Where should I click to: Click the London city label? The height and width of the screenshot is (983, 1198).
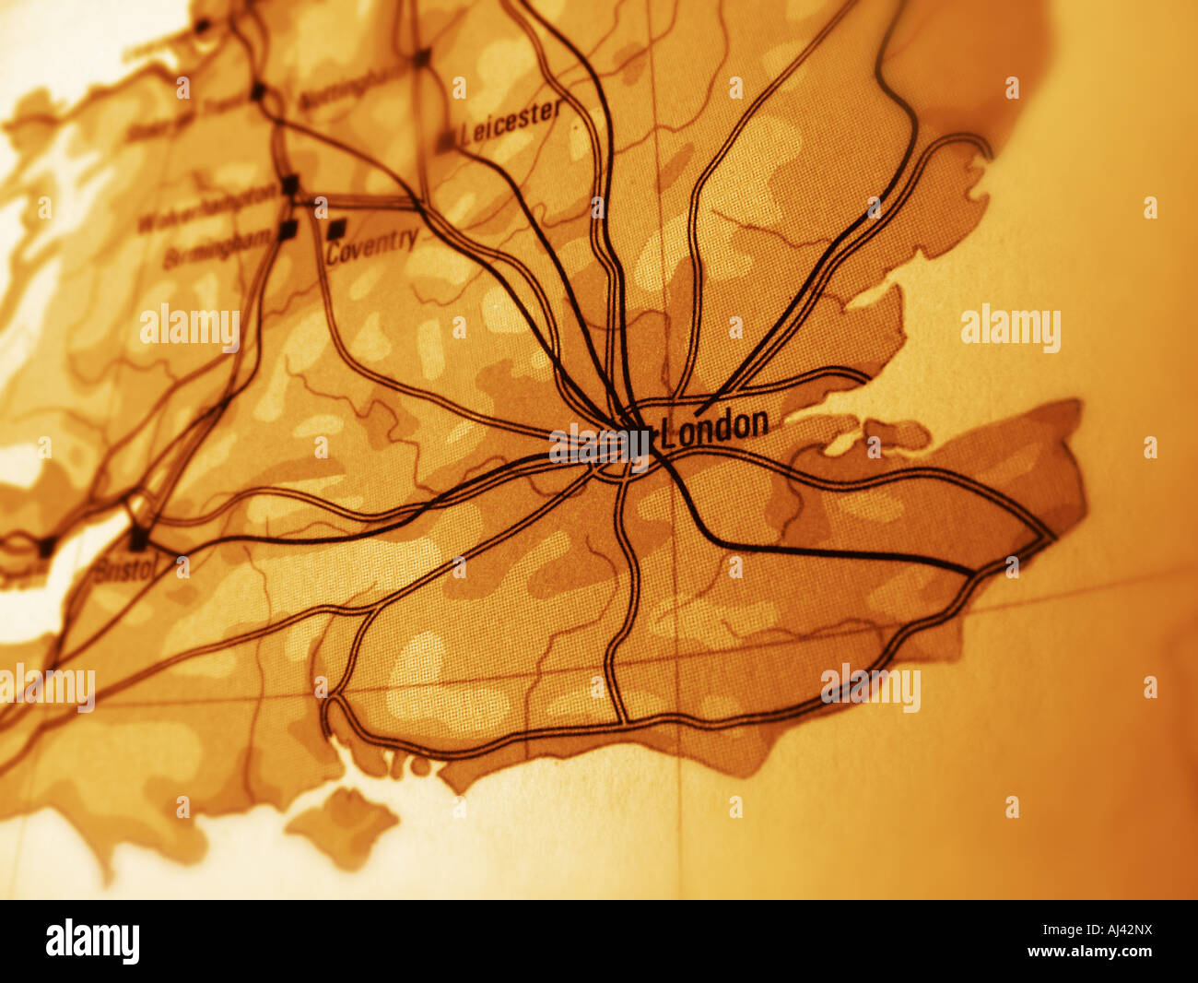(715, 426)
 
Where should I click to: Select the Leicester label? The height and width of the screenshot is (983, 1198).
(511, 122)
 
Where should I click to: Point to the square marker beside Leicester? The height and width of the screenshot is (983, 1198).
(446, 141)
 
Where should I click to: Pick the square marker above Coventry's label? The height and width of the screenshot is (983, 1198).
(337, 227)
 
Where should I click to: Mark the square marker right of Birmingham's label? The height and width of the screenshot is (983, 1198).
(288, 229)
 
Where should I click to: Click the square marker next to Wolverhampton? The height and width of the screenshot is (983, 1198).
(290, 185)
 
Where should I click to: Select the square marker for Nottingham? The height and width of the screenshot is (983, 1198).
(422, 57)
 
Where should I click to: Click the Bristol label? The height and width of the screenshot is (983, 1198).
(125, 568)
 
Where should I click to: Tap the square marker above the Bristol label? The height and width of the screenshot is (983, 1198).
(139, 538)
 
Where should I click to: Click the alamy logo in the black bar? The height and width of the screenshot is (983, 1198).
(92, 942)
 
